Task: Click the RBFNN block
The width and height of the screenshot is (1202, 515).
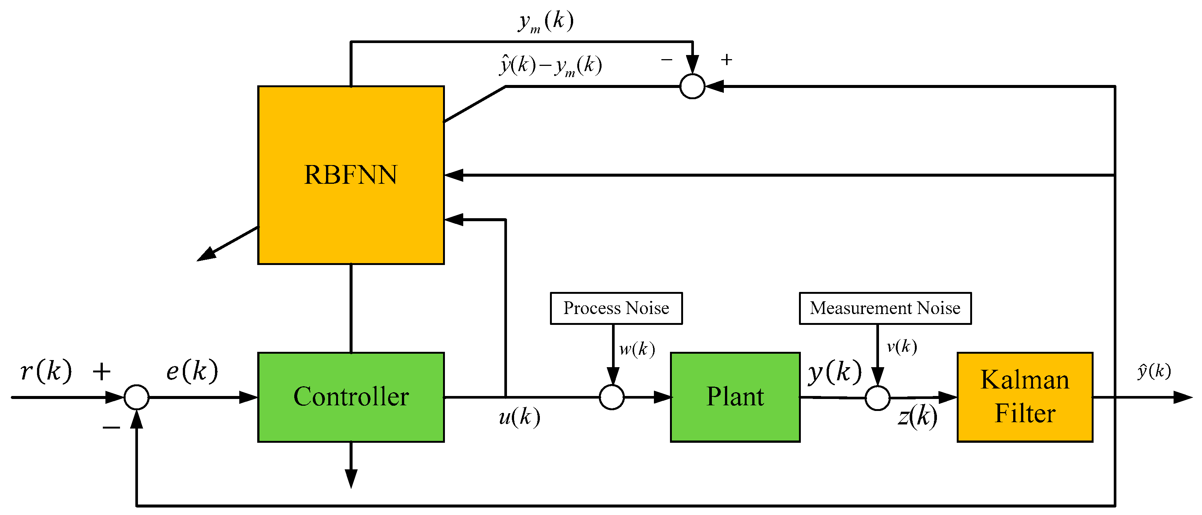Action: click(x=350, y=175)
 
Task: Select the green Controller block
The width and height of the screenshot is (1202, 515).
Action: click(x=350, y=397)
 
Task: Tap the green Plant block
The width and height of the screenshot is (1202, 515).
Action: click(x=735, y=397)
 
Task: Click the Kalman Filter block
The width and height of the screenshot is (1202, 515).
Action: click(x=1025, y=397)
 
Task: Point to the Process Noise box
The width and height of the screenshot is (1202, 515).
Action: click(x=616, y=308)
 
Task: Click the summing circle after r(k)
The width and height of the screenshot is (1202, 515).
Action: click(x=136, y=397)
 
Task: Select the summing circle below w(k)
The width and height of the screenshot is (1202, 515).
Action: click(x=612, y=397)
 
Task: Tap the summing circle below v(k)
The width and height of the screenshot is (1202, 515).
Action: click(x=877, y=398)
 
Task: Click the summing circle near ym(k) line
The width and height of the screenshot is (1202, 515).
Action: click(x=692, y=86)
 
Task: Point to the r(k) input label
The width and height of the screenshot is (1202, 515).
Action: click(x=46, y=371)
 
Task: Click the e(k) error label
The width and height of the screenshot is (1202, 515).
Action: click(x=192, y=371)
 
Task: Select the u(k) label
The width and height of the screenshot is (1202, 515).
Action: click(x=519, y=417)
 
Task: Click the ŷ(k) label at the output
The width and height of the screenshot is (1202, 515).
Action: click(x=1154, y=371)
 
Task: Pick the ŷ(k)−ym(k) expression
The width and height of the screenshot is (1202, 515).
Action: click(x=551, y=65)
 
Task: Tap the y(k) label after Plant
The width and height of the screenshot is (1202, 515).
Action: click(x=835, y=372)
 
